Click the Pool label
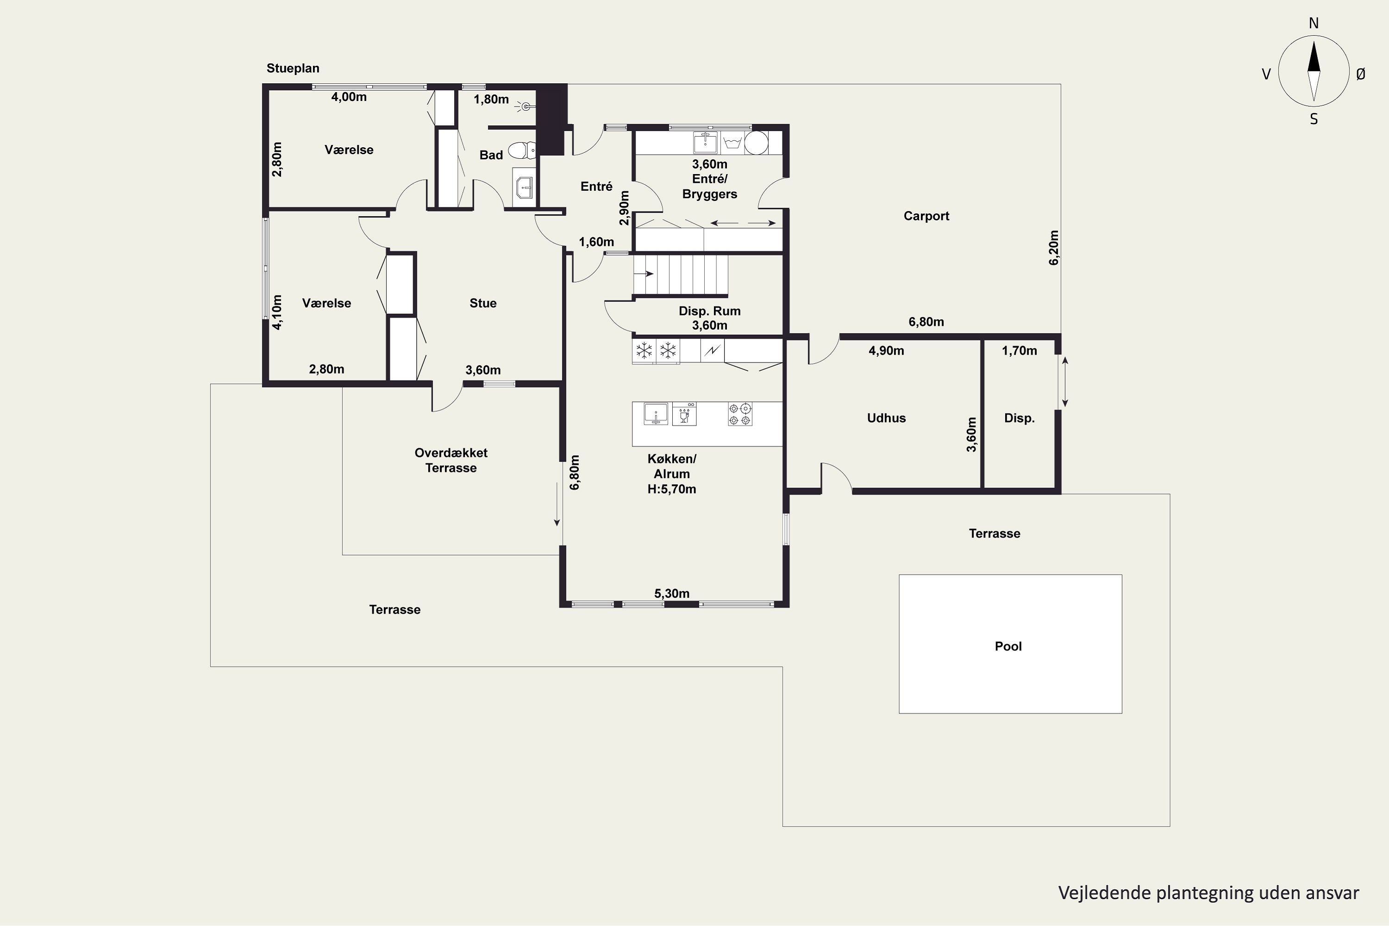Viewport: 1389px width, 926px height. (1008, 646)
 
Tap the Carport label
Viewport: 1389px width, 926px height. (926, 216)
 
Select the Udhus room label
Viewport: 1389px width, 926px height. (886, 418)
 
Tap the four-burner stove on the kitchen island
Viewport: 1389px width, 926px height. (740, 414)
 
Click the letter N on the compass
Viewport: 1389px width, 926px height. (1314, 23)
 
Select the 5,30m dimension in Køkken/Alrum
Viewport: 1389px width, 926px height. (671, 594)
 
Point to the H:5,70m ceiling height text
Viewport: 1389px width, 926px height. (671, 489)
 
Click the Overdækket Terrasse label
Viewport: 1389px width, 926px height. (450, 461)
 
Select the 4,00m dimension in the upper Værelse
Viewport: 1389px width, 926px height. (349, 97)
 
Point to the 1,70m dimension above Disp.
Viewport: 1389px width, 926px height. (1020, 351)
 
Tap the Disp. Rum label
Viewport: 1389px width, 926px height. (709, 311)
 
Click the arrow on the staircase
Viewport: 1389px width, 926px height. (644, 274)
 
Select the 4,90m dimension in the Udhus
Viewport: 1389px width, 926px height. (886, 351)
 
